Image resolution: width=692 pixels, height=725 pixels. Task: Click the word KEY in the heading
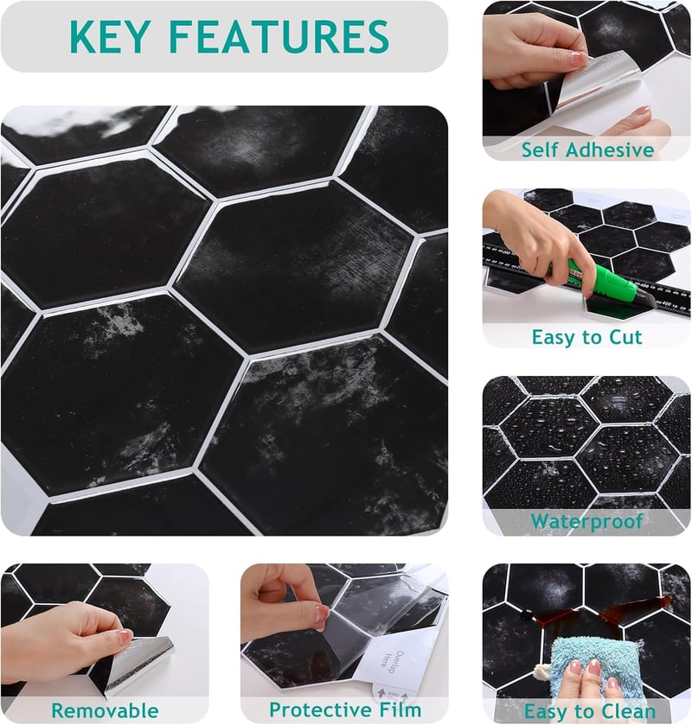point(110,36)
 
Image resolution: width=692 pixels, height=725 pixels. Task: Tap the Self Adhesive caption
point(588,150)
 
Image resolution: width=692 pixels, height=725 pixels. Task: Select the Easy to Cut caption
point(587,337)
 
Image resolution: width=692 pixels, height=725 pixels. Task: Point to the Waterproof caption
point(587,522)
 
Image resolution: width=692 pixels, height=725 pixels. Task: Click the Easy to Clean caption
point(590,711)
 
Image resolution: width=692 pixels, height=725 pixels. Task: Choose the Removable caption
point(105,710)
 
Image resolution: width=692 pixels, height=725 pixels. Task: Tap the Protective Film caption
point(345,709)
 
